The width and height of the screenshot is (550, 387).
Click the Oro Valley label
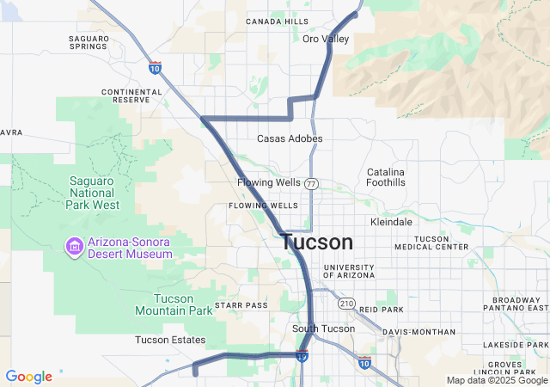tap(326, 39)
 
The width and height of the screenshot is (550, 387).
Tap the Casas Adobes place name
tap(290, 138)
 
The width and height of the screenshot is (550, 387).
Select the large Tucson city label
tap(317, 243)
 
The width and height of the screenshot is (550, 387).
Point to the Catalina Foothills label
tap(386, 177)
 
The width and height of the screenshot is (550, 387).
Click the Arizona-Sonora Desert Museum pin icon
tap(74, 248)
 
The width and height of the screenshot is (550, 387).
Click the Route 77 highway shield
tap(311, 183)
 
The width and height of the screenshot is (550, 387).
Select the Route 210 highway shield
tap(346, 303)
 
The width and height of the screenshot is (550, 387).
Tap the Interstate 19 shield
tap(302, 355)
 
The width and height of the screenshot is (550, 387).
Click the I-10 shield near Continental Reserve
tap(155, 67)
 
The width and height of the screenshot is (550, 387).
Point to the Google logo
tap(28, 377)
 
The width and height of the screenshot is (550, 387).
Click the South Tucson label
tap(323, 329)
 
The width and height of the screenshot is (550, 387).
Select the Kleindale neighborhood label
tap(391, 222)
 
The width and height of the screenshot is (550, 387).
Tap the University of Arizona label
tap(349, 271)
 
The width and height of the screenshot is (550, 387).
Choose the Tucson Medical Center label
tap(431, 243)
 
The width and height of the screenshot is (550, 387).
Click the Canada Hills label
tap(276, 21)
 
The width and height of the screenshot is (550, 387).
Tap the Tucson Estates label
tap(169, 340)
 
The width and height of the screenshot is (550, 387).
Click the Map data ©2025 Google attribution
tap(497, 380)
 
